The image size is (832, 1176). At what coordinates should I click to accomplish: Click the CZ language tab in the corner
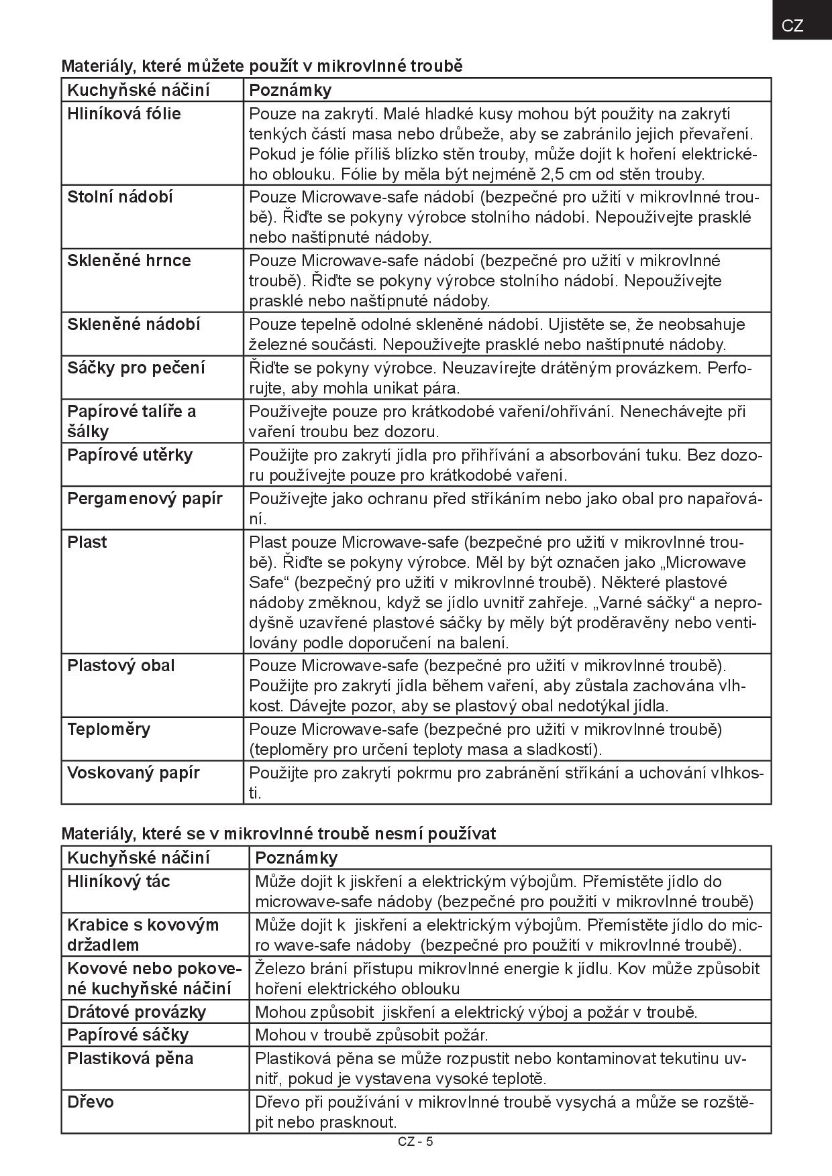[x=792, y=25]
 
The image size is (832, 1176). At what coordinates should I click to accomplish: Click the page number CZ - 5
[x=415, y=1142]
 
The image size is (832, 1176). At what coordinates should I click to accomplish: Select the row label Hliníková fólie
[x=124, y=114]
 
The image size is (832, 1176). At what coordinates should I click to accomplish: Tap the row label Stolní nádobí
[x=120, y=197]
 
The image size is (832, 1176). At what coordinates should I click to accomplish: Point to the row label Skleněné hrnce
[x=129, y=261]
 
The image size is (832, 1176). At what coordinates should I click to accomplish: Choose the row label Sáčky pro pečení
[x=136, y=368]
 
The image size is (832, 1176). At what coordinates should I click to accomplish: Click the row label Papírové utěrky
[x=130, y=455]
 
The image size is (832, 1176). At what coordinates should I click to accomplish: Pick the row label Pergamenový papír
[x=145, y=499]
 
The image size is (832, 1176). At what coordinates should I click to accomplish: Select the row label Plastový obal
[x=121, y=666]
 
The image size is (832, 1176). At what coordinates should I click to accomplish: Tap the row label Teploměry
[x=109, y=729]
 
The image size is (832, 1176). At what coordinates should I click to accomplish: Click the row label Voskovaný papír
[x=134, y=773]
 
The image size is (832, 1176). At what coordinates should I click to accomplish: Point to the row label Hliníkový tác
[x=119, y=882]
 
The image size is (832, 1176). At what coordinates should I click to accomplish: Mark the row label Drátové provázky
[x=137, y=1012]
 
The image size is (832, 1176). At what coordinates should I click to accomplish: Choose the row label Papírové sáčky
[x=128, y=1035]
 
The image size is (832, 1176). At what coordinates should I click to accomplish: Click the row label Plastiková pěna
[x=130, y=1059]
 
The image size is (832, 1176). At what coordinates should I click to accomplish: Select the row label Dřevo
[x=91, y=1102]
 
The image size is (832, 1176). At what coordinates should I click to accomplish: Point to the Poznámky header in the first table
[x=290, y=91]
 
